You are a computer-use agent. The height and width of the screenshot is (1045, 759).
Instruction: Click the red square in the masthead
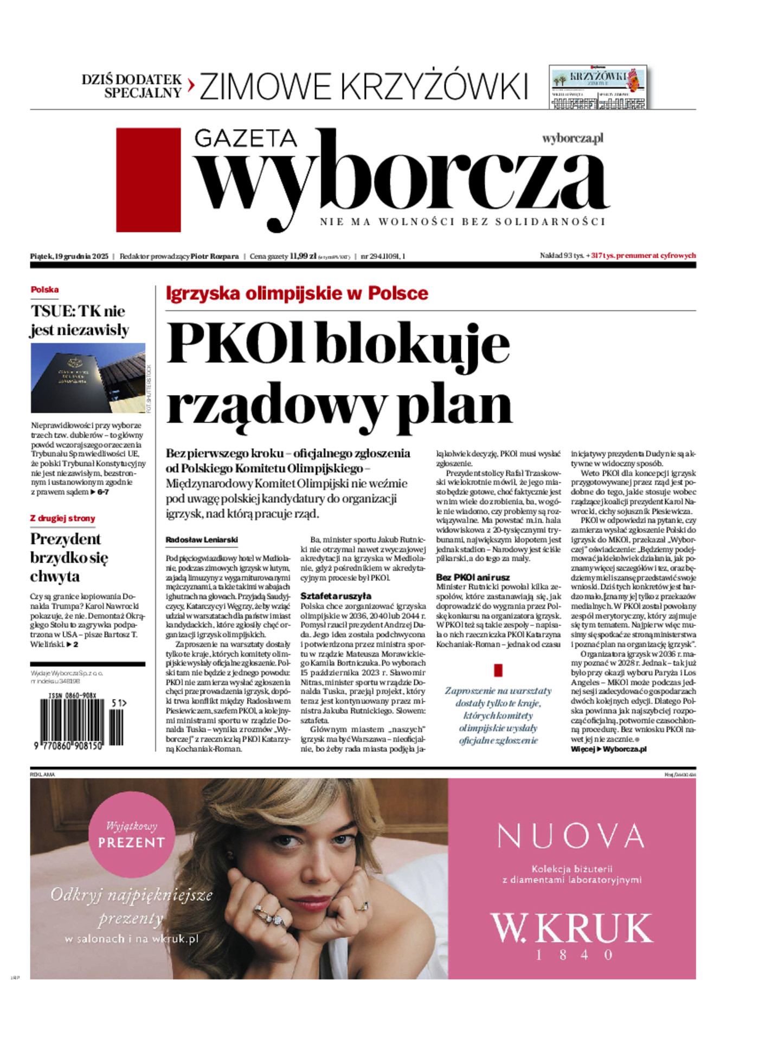pos(148,179)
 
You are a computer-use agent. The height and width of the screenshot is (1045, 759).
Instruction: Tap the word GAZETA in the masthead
pos(245,139)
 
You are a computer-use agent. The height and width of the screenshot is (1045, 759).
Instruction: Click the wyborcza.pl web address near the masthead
pos(573,138)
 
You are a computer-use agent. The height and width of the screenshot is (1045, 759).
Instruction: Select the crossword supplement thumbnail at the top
pos(597,87)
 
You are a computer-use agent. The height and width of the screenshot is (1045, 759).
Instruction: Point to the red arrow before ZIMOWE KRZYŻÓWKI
pos(191,86)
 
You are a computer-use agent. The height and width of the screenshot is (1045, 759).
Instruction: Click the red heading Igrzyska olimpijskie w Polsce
pos(297,293)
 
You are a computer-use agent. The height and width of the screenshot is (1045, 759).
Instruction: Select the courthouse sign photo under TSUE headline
pos(88,377)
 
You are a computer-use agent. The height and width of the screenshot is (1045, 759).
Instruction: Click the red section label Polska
pos(45,289)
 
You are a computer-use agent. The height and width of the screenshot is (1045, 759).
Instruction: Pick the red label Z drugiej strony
pos(62,518)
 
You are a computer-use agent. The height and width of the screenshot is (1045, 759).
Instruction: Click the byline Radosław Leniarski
pos(201,540)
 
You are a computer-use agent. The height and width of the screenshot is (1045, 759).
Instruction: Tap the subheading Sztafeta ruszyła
pos(336,596)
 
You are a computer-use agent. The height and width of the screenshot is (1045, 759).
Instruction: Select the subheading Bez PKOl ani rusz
pos(473,577)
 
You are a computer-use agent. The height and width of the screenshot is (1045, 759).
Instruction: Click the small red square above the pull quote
pos(498,670)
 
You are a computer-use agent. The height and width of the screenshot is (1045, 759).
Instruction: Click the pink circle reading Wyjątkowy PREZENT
pos(131,835)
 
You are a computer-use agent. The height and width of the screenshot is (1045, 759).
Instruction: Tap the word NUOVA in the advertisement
pos(571,835)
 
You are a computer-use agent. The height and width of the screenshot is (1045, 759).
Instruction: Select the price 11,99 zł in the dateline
pos(303,256)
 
